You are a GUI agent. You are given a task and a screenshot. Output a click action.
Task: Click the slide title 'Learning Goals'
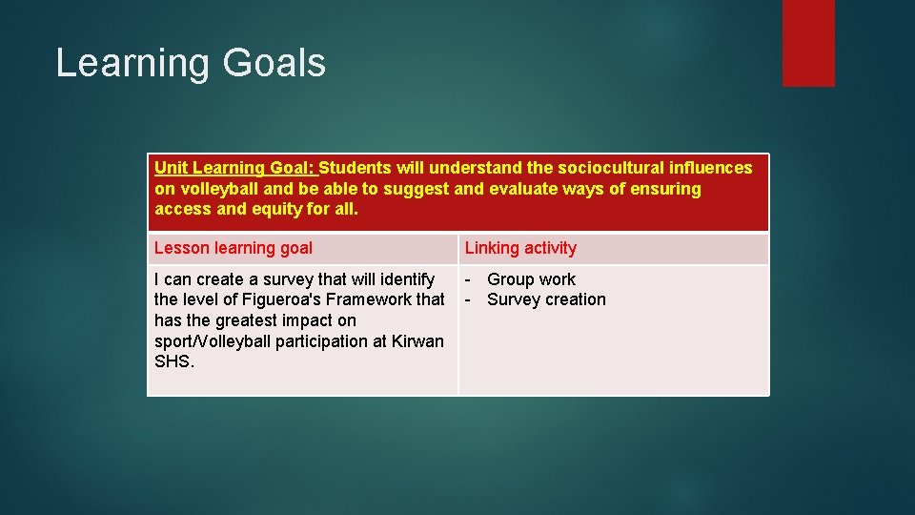191,63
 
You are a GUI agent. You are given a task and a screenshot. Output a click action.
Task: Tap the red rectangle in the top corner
808,43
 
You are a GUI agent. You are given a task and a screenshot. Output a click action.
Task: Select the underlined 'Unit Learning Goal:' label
234,168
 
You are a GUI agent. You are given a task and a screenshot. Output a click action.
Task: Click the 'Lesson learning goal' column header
234,248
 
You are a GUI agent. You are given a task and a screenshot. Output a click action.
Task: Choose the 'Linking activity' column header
520,248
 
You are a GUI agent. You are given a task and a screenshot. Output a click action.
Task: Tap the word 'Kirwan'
417,340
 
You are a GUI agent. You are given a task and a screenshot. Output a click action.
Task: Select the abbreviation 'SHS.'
173,361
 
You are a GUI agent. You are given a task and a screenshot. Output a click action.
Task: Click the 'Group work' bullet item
531,279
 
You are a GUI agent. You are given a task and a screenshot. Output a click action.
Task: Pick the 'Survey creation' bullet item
546,299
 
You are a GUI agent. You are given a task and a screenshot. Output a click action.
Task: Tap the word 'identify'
407,279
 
